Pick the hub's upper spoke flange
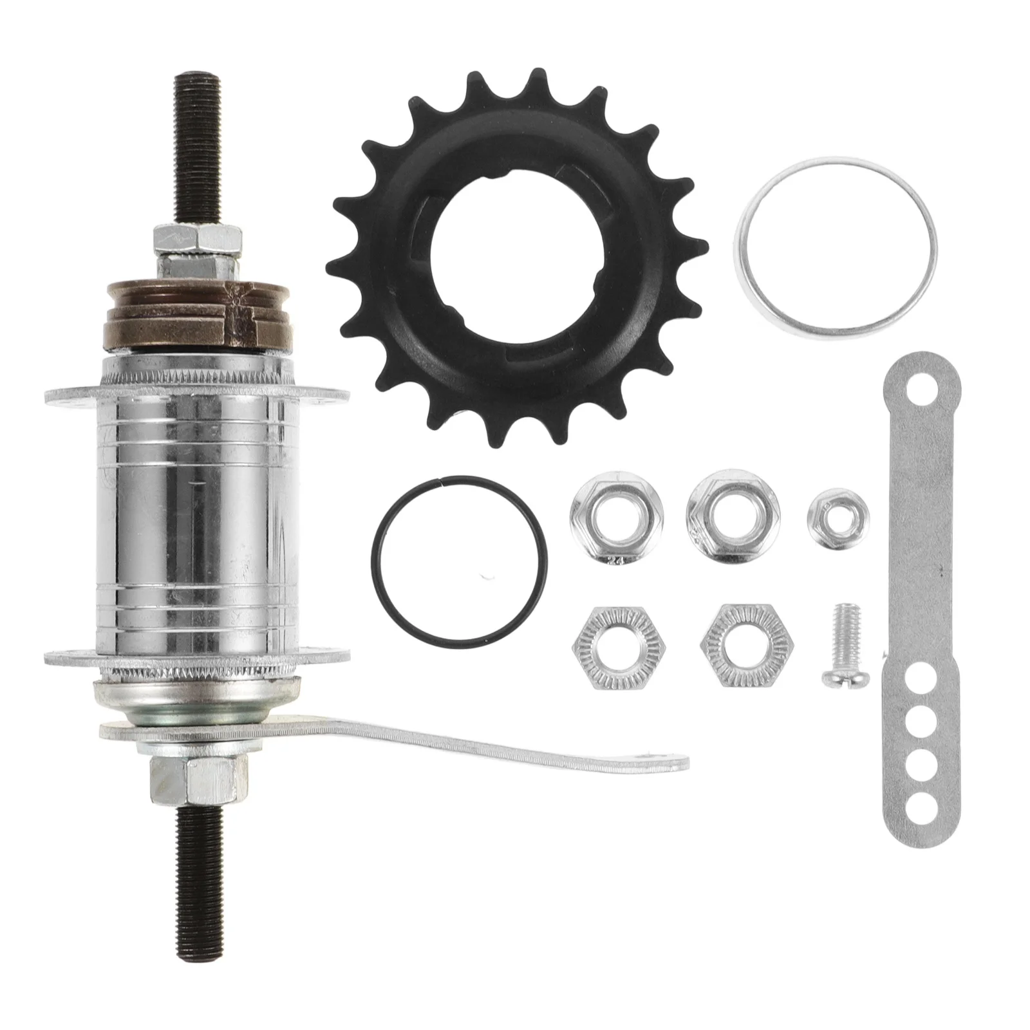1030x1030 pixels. click(64, 395)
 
